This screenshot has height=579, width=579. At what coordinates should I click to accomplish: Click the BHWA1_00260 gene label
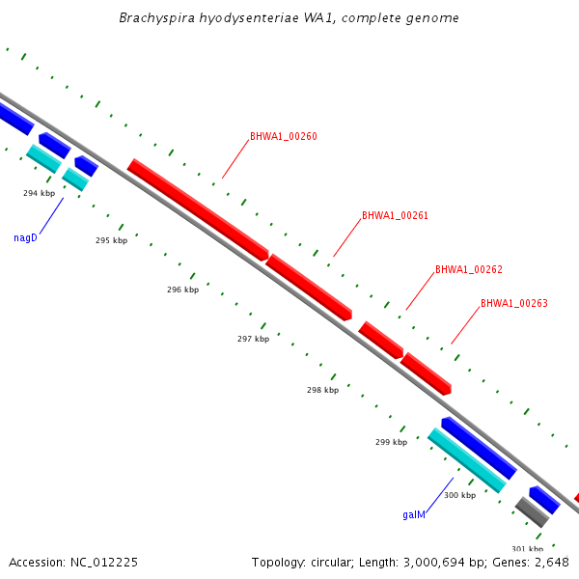(x=283, y=136)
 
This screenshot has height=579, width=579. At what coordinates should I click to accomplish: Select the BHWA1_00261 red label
(x=395, y=215)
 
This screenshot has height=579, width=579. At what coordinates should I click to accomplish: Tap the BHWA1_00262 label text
(x=468, y=269)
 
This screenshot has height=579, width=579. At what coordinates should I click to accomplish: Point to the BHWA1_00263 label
(x=513, y=303)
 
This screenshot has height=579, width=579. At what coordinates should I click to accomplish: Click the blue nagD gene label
(x=25, y=237)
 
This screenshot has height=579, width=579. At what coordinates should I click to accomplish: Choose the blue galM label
(x=414, y=514)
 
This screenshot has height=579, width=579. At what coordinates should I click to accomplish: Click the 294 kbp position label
(x=40, y=193)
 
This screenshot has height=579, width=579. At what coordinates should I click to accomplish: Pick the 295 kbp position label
(x=111, y=240)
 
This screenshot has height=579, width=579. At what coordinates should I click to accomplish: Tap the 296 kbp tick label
(x=182, y=289)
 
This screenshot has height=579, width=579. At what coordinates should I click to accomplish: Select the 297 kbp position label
(x=253, y=339)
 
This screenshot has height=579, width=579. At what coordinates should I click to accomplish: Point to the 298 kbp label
(x=322, y=390)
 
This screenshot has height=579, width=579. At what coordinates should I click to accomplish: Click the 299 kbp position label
(x=391, y=442)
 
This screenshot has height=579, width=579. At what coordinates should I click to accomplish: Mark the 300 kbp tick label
(x=459, y=495)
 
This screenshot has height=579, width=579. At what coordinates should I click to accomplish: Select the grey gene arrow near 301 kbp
(x=532, y=511)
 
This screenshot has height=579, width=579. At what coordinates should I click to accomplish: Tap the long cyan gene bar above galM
(x=467, y=460)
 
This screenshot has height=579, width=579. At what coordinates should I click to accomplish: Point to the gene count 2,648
(x=548, y=562)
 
